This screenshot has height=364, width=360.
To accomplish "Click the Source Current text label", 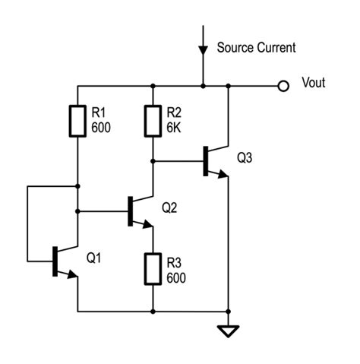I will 256,48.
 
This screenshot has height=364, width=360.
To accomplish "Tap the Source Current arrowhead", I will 203,49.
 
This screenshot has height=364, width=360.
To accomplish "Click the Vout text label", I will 313,83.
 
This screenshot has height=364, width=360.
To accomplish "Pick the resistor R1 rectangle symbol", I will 78,120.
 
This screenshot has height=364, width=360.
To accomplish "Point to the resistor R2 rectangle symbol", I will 153,120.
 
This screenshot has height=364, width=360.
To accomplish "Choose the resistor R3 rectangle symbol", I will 153,267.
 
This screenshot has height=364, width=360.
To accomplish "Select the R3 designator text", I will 175,261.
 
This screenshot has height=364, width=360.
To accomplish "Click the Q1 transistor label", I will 94,258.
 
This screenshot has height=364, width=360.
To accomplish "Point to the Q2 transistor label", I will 169,206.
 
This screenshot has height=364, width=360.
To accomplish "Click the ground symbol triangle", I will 228,331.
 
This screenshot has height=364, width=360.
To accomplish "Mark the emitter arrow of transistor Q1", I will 73,276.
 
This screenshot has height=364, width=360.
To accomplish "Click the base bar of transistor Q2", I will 130,210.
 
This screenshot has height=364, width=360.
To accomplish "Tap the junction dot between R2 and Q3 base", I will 153,160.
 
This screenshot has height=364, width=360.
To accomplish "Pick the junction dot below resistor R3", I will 153,311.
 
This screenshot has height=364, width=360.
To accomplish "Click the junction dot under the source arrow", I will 203,85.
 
